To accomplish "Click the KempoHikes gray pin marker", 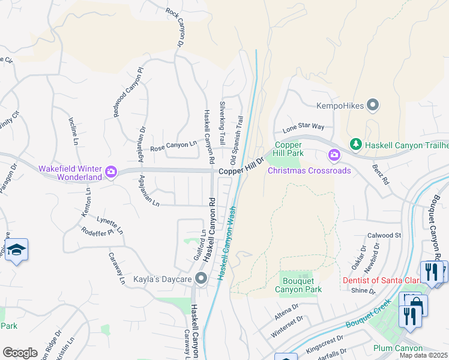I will coord(373,106).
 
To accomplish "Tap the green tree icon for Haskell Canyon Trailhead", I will coord(355,145).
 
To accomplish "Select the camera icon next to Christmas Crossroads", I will coord(334,156).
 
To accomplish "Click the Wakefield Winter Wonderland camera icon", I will coord(110,172).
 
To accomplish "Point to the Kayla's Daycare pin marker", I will coord(201,278).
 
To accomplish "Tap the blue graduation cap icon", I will coord(16,251).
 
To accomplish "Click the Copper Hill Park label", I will coord(288,149).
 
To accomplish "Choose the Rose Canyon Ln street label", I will coord(173,146).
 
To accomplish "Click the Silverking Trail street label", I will coord(222,122).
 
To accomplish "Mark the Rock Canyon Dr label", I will coord(175,28).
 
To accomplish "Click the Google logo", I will coord(20,352).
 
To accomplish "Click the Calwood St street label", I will coord(384,236).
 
